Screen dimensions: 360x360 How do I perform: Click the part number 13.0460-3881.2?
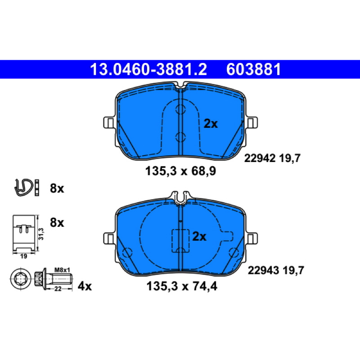[148, 69]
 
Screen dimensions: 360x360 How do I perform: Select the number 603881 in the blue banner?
[253, 69]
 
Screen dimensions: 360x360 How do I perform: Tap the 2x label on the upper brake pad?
[211, 124]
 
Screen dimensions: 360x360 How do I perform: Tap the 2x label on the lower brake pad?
[199, 236]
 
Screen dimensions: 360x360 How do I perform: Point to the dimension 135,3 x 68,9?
[181, 171]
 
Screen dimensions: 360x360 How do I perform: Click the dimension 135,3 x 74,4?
[182, 286]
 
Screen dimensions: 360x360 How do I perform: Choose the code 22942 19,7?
[272, 158]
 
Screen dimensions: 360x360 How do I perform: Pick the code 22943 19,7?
[276, 270]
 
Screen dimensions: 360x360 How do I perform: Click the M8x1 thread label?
[62, 270]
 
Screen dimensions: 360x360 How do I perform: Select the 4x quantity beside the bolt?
[85, 286]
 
